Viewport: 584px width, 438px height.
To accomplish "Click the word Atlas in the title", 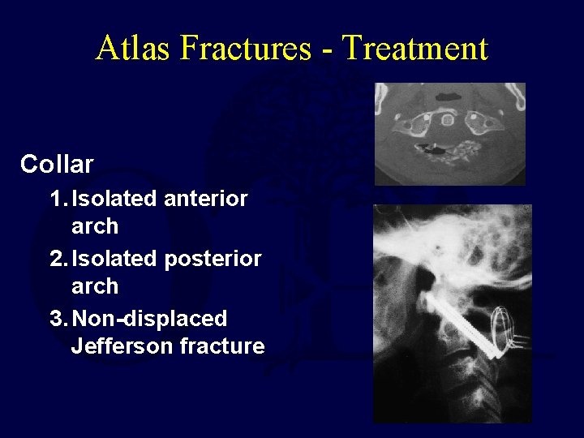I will tap(134, 48).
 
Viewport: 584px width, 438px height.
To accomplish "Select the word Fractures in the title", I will tap(246, 48).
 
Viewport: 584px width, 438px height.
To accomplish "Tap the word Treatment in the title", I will tap(415, 48).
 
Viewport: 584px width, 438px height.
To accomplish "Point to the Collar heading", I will tap(57, 165).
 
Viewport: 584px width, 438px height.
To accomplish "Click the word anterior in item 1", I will tap(205, 199).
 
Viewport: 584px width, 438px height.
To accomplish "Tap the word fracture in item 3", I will tap(223, 346).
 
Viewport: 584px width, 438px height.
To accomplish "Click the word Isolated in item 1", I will tap(114, 199).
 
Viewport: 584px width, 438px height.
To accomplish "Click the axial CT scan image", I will tap(449, 134).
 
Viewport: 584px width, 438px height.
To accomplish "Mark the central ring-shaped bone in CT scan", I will tap(446, 120).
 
